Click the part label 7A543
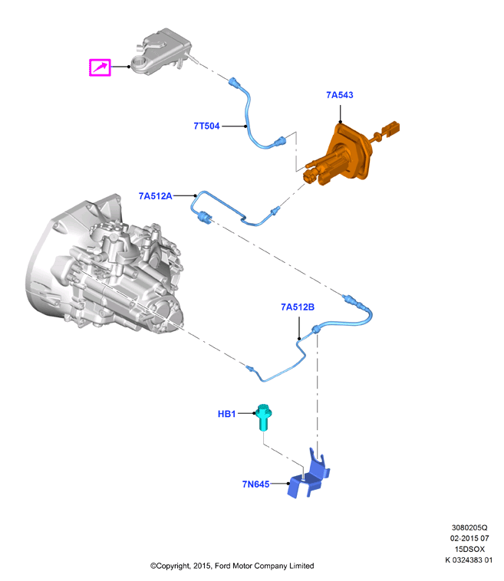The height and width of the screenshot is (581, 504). (x=340, y=95)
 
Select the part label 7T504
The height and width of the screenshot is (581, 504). (x=206, y=126)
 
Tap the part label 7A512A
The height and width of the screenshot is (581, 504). (x=156, y=196)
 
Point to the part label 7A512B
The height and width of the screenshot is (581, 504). (x=298, y=307)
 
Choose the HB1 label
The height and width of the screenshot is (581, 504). (x=226, y=414)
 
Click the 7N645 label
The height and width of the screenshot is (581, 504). (x=255, y=484)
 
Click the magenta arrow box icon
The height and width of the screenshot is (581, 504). (x=100, y=67)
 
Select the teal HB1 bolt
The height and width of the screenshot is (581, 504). (x=264, y=417)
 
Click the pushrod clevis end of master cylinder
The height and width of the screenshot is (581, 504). (x=390, y=128)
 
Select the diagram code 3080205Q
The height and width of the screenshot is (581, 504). (x=469, y=527)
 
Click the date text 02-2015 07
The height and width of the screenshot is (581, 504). (x=469, y=538)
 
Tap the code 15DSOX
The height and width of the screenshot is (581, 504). (x=469, y=549)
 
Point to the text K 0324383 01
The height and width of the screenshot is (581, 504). (x=469, y=560)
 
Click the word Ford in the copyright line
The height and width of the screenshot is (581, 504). (x=223, y=566)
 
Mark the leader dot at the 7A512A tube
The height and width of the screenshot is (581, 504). (x=195, y=195)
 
